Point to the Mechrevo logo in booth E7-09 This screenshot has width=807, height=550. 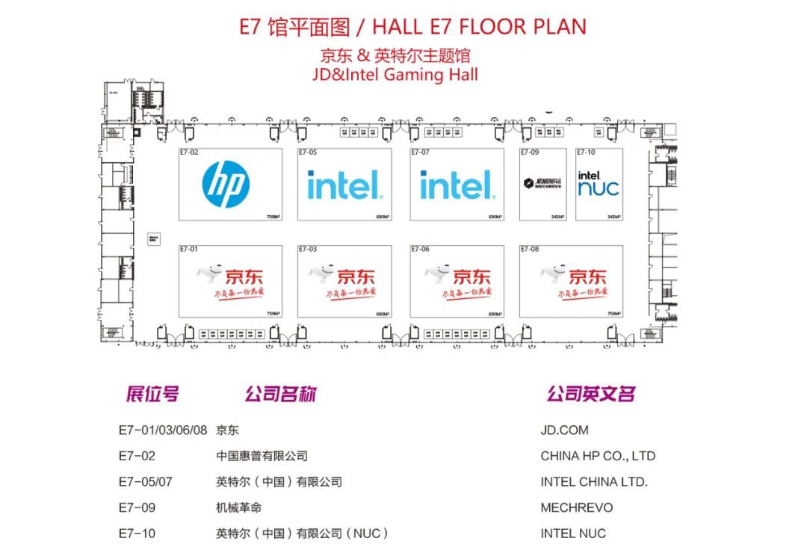[x=542, y=184]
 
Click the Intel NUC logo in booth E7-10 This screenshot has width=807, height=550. [x=599, y=184]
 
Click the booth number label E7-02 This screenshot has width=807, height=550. [x=189, y=152]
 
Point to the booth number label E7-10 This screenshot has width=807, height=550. [x=586, y=152]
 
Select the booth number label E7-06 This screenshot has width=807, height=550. [x=420, y=250]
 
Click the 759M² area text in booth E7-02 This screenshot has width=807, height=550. [x=273, y=217]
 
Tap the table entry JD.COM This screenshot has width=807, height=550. [x=564, y=430]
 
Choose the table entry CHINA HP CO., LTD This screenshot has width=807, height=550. [x=598, y=456]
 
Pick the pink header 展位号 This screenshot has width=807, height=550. [x=152, y=394]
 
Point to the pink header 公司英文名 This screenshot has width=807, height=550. [x=590, y=394]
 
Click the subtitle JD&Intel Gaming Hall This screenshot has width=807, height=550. [x=396, y=75]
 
